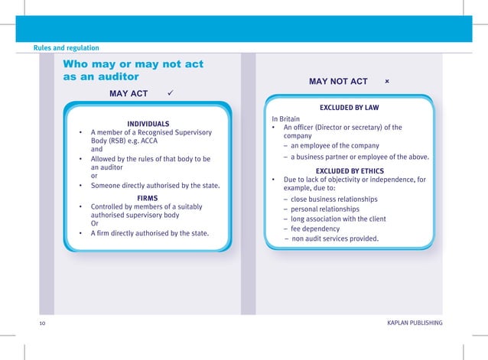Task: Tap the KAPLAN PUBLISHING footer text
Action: pyautogui.click(x=415, y=324)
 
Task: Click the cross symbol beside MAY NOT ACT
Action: pyautogui.click(x=387, y=81)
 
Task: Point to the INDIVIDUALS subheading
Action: pyautogui.click(x=148, y=124)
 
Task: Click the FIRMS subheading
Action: pyautogui.click(x=147, y=197)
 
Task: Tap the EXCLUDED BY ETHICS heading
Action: pyautogui.click(x=350, y=170)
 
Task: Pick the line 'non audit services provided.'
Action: pyautogui.click(x=334, y=238)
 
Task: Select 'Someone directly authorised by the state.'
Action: pyautogui.click(x=155, y=186)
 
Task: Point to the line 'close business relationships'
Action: pyautogui.click(x=334, y=199)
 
